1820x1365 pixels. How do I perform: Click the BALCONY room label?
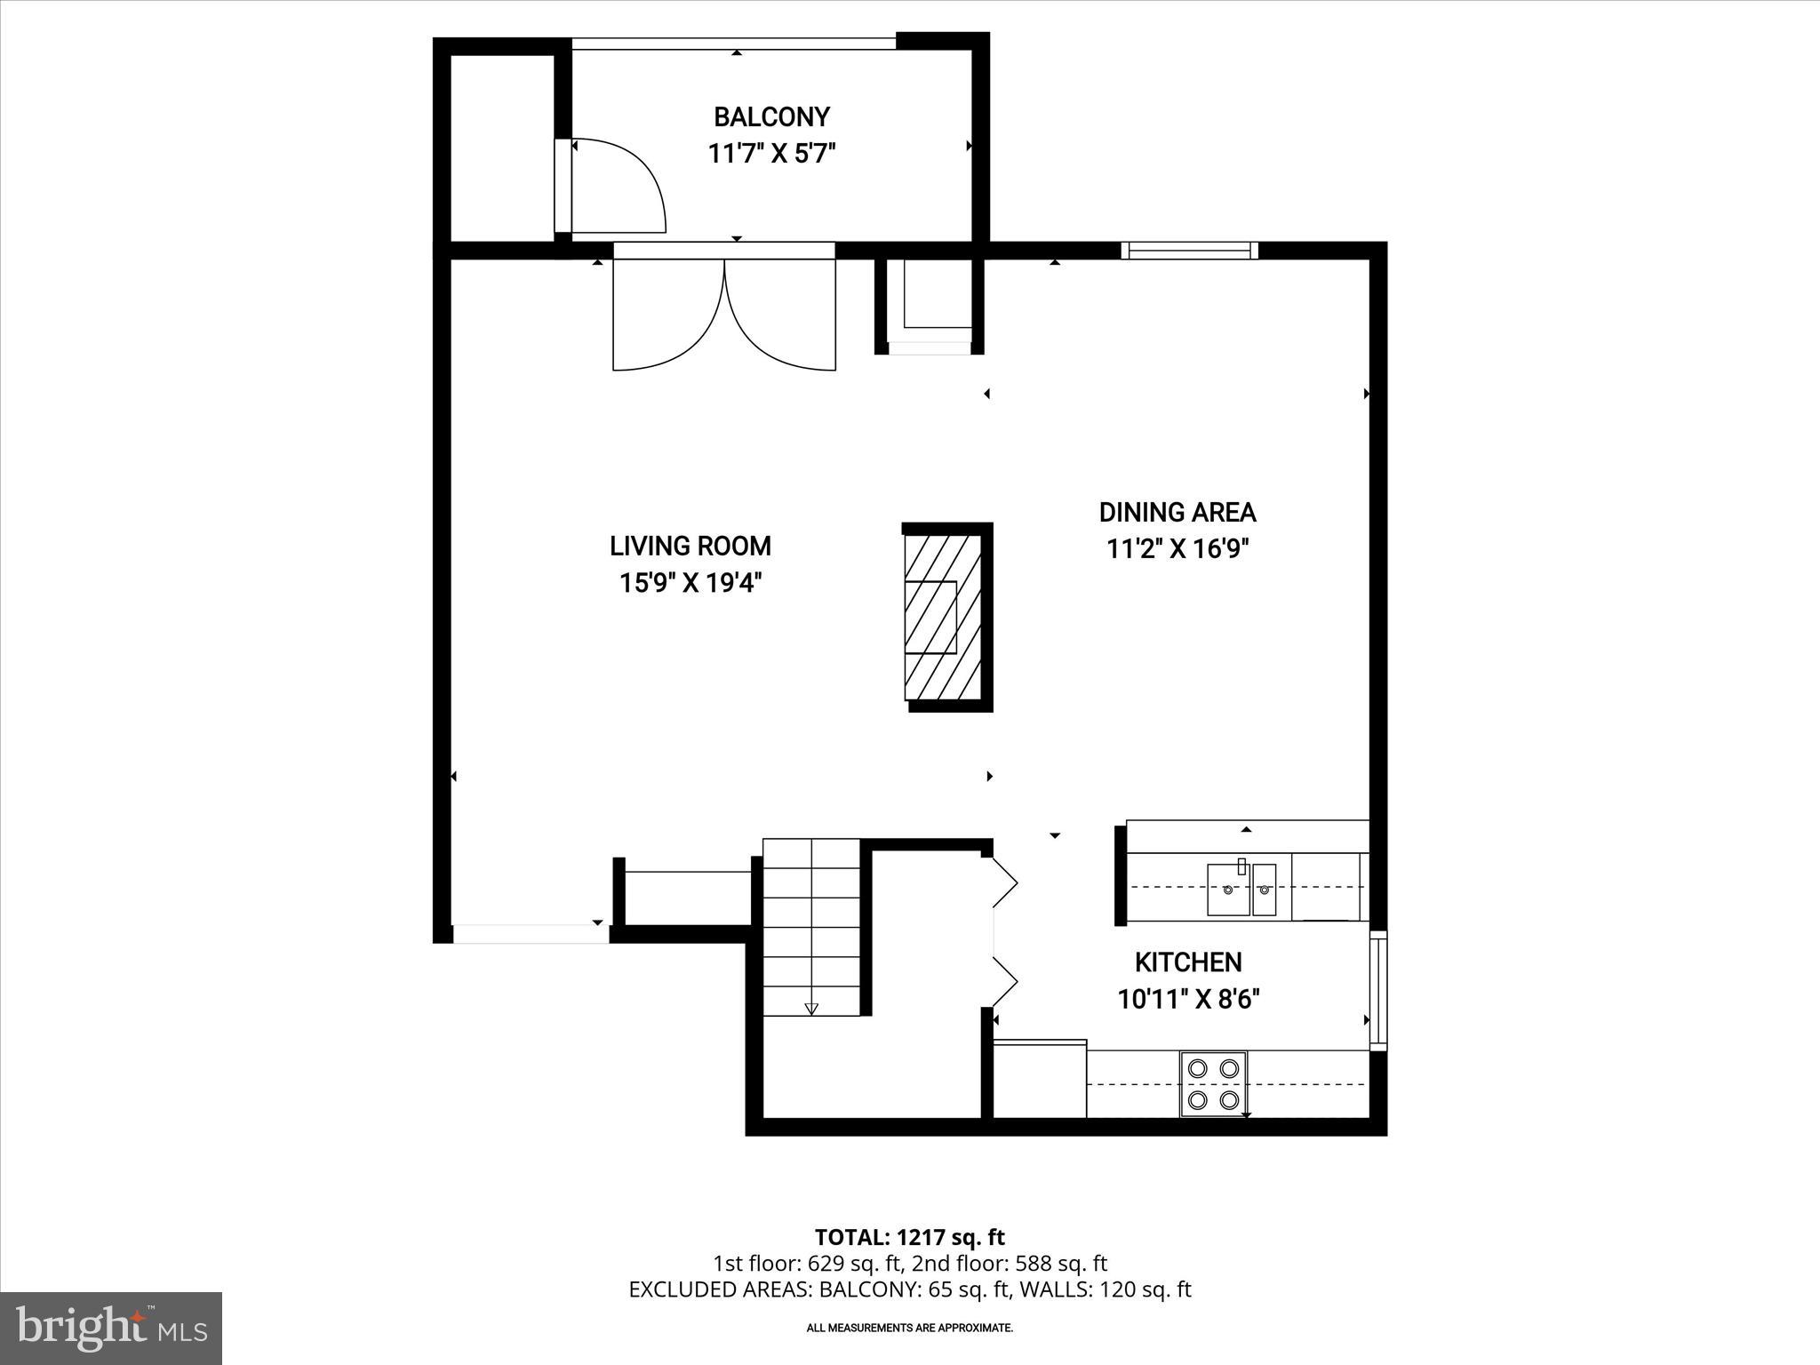(771, 117)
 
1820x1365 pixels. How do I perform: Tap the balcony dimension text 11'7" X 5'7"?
(771, 155)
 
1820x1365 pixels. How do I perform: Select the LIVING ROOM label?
(690, 546)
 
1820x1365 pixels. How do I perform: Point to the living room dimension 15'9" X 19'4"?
(690, 583)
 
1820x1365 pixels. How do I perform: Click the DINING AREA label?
(1177, 512)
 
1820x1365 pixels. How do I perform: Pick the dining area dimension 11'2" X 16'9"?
(1177, 549)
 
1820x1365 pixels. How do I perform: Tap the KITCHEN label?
(1188, 962)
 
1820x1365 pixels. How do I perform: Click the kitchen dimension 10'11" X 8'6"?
(1188, 1000)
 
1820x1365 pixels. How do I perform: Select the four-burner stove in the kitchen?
(1213, 1083)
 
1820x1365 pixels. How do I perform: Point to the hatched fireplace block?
(943, 617)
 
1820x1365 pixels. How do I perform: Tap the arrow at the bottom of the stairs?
(811, 1009)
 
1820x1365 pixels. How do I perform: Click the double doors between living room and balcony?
(724, 315)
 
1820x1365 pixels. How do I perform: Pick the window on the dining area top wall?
(1189, 251)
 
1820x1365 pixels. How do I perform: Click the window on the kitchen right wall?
(1377, 990)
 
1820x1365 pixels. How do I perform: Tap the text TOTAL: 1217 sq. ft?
(909, 1237)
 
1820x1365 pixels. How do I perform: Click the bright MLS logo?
(111, 1328)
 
